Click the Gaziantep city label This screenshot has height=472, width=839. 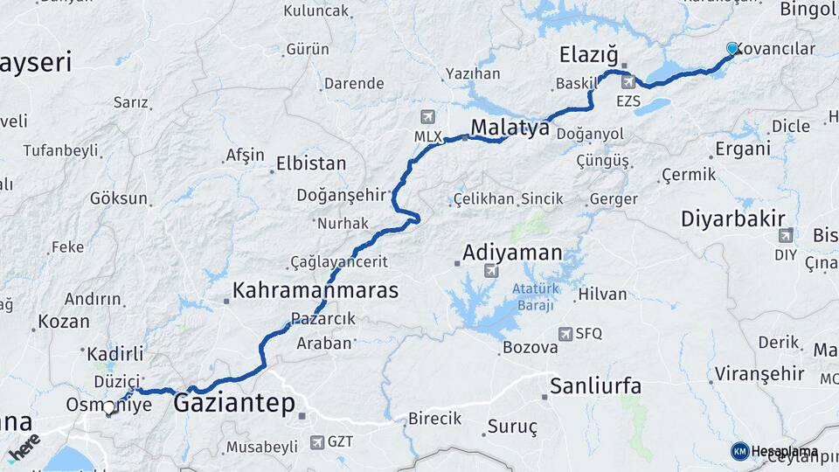[234, 404]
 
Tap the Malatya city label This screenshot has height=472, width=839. [510, 128]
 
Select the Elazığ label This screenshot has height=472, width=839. [588, 56]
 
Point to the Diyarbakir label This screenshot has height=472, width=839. [733, 219]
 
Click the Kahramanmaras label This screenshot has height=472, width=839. [315, 290]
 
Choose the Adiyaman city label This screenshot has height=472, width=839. [512, 253]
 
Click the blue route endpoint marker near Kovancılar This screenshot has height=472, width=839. [732, 49]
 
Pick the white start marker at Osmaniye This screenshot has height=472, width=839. [109, 406]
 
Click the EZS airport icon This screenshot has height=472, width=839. [628, 82]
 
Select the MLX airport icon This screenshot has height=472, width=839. [427, 117]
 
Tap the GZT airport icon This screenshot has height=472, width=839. [315, 442]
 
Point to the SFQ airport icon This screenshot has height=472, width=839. [565, 333]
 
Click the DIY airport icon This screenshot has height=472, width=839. [786, 235]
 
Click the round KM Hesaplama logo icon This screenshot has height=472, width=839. [739, 451]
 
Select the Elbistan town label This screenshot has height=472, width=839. [311, 163]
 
